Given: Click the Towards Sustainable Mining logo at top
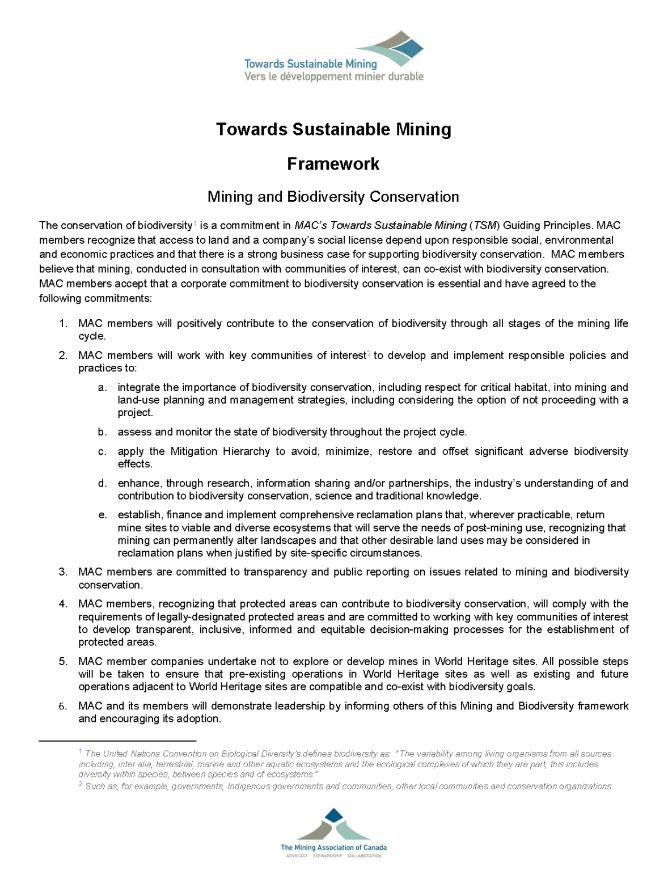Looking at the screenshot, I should point(333,57).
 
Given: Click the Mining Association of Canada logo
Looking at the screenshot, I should point(333,832).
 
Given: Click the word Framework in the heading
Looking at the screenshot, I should point(333,164).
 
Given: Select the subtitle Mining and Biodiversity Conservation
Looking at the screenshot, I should point(333,197).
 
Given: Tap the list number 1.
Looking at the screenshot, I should point(63,324).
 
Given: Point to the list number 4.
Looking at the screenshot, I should point(63,604).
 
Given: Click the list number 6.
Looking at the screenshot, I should point(63,706).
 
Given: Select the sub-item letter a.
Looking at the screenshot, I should point(102,388).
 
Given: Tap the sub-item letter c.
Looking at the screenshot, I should point(102,451).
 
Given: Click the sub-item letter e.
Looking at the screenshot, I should point(102,515).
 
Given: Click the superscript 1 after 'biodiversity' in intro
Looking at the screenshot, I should point(195,223).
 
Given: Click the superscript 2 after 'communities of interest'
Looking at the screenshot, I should point(369,353).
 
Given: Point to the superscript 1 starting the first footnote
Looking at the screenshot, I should point(81,751).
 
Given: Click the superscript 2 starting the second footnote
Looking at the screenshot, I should point(81,784).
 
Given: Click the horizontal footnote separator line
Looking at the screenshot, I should point(117,741).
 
